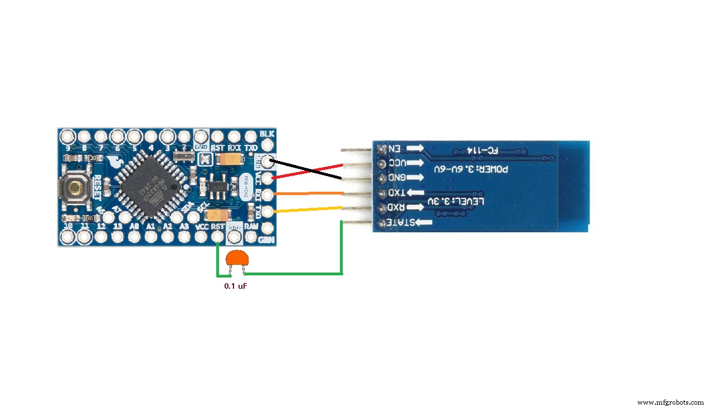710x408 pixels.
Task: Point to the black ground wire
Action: pyautogui.click(x=307, y=169)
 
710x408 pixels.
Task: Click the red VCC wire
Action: pyautogui.click(x=307, y=171)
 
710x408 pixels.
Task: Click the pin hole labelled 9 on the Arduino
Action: pyautogui.click(x=68, y=136)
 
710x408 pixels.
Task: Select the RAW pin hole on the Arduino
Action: pyautogui.click(x=251, y=237)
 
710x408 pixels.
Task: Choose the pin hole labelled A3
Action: pyautogui.click(x=184, y=237)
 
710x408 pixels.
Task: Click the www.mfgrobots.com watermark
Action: pyautogui.click(x=670, y=402)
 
